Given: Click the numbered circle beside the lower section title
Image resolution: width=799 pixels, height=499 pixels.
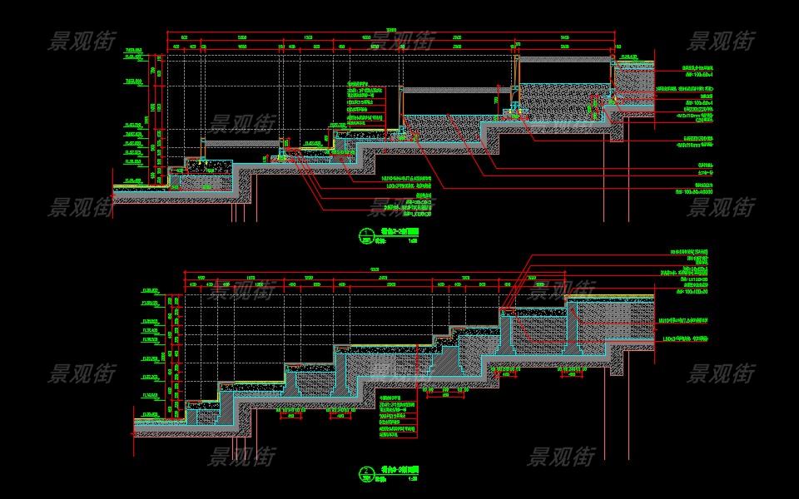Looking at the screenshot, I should (365, 475).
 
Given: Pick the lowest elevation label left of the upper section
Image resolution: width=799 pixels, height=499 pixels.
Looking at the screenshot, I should (133, 180).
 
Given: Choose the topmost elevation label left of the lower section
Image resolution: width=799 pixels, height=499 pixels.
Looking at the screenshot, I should (151, 291).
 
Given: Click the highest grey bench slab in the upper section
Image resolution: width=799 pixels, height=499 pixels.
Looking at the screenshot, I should (565, 58).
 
